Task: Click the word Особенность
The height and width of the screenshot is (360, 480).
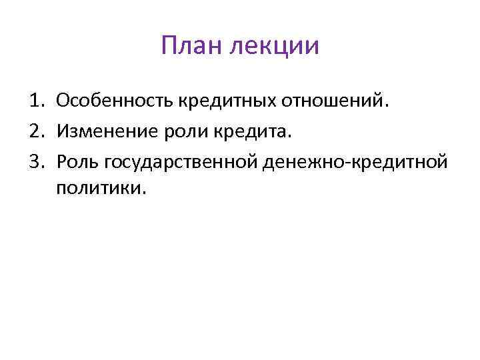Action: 113,101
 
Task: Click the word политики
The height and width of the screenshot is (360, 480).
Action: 98,189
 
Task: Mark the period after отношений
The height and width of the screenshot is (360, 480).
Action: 383,107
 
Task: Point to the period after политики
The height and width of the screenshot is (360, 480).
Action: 141,194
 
